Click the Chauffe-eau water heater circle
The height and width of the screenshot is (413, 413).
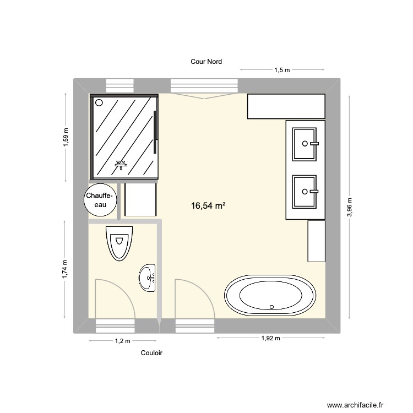(101, 200)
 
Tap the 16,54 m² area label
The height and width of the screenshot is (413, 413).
(208, 206)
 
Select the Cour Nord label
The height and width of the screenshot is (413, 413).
(206, 62)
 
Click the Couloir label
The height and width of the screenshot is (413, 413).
(151, 354)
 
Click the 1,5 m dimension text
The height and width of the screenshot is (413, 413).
(282, 70)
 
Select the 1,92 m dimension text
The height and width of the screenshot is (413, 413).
(270, 338)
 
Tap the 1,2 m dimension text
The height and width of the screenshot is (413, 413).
(122, 341)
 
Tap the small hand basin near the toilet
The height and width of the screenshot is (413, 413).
(148, 277)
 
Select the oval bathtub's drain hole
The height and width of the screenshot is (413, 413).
(271, 307)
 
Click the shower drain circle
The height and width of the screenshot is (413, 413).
(99, 103)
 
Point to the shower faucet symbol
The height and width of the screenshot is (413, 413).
(121, 164)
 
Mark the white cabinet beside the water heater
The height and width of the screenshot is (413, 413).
(140, 199)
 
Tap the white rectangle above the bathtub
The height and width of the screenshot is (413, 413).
(316, 241)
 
